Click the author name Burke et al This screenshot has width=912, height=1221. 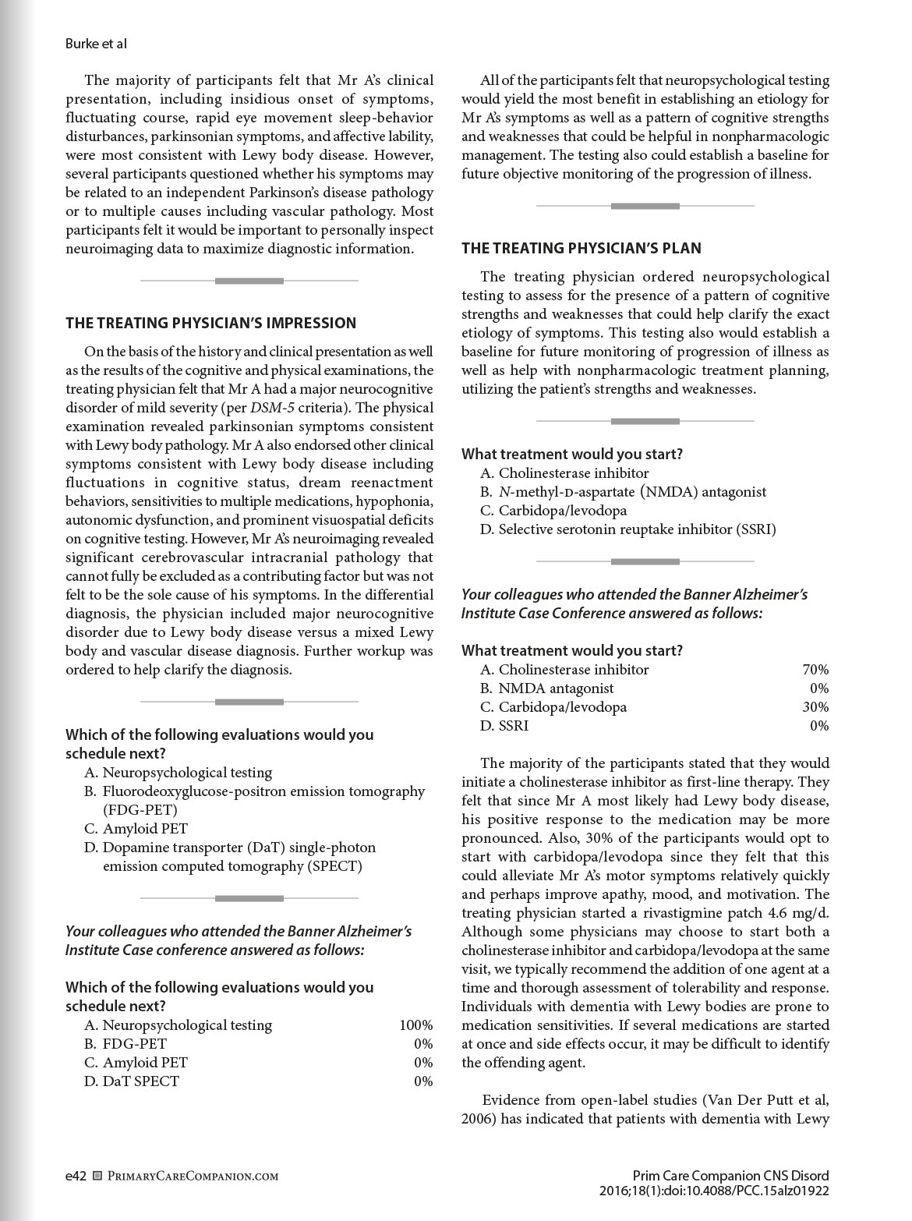tap(96, 44)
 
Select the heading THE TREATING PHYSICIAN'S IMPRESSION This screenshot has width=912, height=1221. tap(210, 323)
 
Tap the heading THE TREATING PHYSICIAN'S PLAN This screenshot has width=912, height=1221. tap(581, 248)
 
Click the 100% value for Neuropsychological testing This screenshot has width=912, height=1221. tap(415, 1025)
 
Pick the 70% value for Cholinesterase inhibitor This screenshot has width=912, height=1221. tap(815, 669)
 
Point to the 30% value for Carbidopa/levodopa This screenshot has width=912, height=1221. tap(815, 706)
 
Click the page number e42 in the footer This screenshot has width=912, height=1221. tap(75, 1175)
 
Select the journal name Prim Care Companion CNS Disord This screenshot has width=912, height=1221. tap(730, 1175)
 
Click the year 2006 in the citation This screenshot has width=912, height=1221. tap(475, 1119)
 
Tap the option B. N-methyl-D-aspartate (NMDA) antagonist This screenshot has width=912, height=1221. tap(624, 492)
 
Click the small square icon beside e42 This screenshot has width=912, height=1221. tap(97, 1176)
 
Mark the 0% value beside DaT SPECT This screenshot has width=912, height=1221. tap(423, 1081)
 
